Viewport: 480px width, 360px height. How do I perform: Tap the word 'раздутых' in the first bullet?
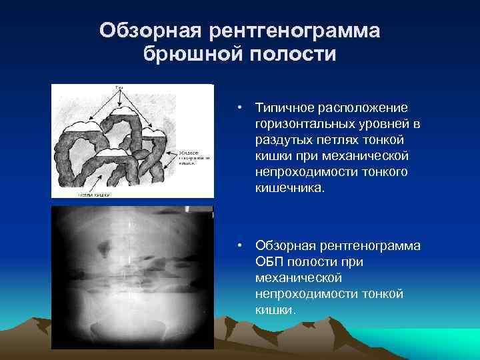click(x=281, y=140)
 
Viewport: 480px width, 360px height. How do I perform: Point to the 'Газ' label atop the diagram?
click(x=119, y=88)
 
